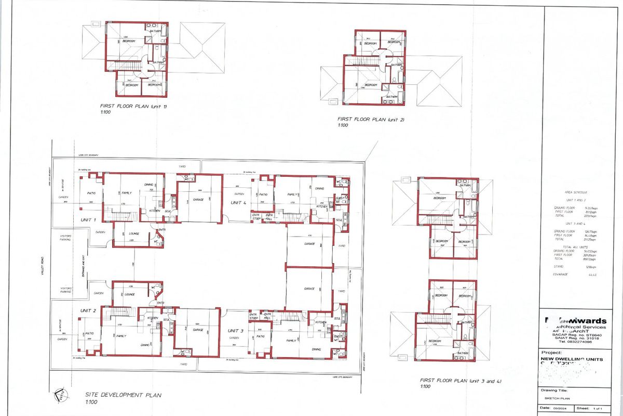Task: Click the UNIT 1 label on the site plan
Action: [x=88, y=220]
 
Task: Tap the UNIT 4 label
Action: [x=239, y=203]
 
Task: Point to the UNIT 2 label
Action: [x=88, y=310]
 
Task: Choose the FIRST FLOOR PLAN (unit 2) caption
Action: [x=370, y=119]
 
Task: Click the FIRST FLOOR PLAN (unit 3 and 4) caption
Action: [x=460, y=382]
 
